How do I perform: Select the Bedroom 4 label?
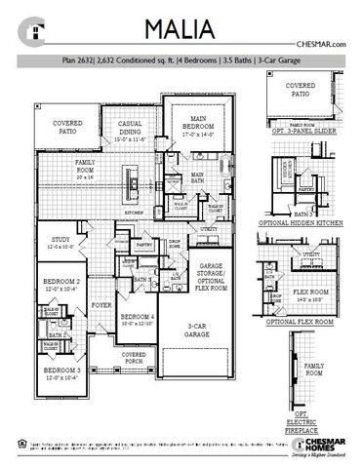click(135, 320)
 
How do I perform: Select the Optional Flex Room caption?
click(310, 321)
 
